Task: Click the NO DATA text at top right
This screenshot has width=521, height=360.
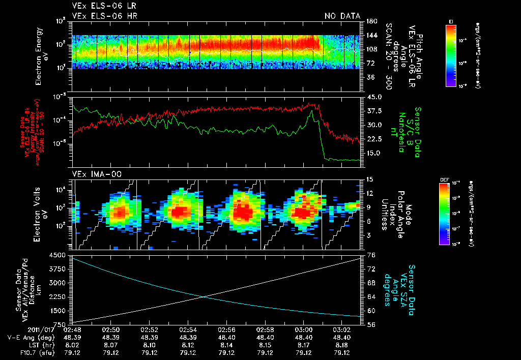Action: click(x=342, y=16)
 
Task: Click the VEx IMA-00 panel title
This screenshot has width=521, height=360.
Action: click(x=91, y=174)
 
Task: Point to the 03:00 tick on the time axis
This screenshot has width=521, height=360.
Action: click(x=304, y=330)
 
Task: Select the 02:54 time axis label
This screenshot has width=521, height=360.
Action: click(x=188, y=330)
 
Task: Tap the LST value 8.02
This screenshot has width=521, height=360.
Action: click(x=72, y=345)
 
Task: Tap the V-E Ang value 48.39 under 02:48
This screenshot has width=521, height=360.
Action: click(x=72, y=338)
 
